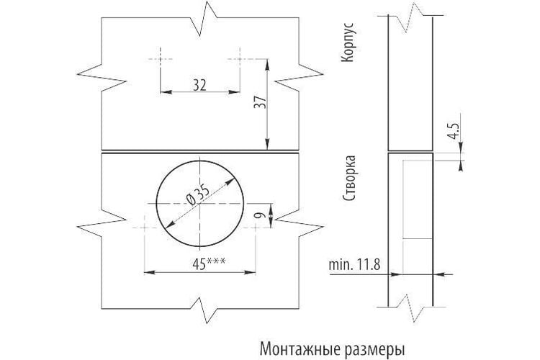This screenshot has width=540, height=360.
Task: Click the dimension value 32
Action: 199,85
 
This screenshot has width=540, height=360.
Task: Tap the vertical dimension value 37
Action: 261,102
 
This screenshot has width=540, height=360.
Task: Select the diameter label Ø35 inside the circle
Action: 198,195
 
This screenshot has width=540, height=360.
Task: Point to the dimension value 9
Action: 261,215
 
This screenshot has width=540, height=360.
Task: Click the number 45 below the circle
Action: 199,264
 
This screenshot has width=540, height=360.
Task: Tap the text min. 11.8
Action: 354,264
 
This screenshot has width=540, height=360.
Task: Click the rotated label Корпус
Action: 348,42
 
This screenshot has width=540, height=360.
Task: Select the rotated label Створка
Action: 348,178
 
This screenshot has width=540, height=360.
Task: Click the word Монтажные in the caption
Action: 300,349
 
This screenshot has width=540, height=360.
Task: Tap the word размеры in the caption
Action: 374,350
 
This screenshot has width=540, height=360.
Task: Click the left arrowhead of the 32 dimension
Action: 166,92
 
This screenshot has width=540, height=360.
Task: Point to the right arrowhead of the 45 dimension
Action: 251,272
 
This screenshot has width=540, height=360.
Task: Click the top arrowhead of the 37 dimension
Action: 267,64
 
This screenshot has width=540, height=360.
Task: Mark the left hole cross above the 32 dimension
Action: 161,59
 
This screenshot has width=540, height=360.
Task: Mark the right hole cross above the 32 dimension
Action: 240,59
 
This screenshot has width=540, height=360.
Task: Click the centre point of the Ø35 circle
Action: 199,203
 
